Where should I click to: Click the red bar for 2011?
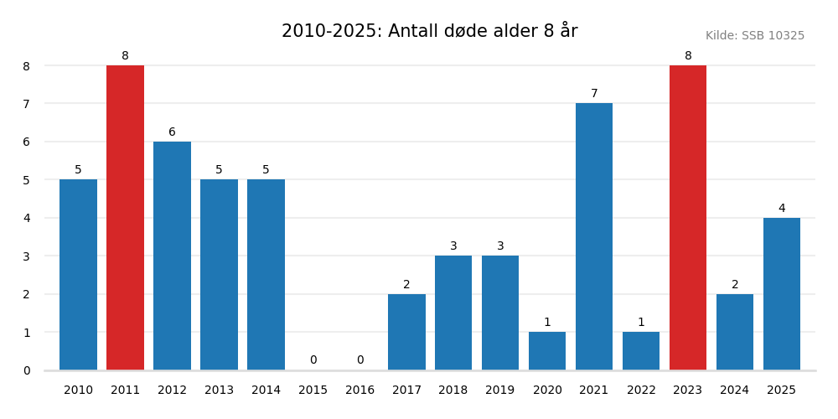(125, 218)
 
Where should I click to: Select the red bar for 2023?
(688, 218)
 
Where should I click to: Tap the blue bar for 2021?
(594, 236)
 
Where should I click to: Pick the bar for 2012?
(172, 256)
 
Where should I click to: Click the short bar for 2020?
(547, 351)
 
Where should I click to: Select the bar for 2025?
(782, 293)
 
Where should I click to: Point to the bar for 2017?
(406, 332)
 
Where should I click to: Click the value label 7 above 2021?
(594, 94)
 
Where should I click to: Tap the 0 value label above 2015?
(313, 360)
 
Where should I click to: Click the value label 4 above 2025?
(782, 209)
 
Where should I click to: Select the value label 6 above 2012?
(172, 132)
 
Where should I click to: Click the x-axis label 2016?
(360, 391)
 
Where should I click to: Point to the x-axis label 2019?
(500, 391)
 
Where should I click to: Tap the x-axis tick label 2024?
(735, 391)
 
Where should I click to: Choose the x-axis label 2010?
(78, 391)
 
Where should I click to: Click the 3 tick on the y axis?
(27, 256)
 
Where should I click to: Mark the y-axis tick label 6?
(27, 142)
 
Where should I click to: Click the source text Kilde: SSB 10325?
(754, 36)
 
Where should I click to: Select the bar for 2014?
(266, 275)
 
